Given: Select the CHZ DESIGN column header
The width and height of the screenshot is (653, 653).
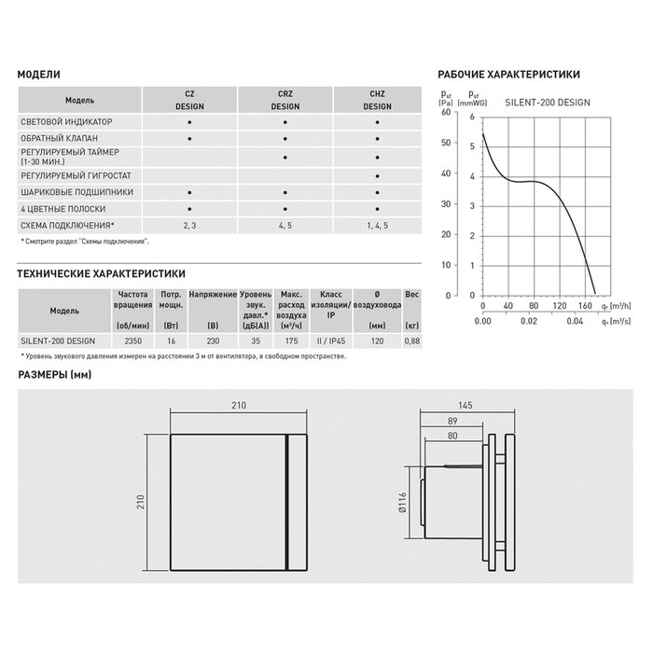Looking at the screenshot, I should [x=376, y=100].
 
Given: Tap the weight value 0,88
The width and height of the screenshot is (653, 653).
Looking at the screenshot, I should [x=410, y=341].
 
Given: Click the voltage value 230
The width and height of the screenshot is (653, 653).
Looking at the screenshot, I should [x=214, y=341].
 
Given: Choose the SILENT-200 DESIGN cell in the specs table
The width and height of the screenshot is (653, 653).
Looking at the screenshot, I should [x=58, y=341].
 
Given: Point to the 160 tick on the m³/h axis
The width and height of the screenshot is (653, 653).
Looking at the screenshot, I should [x=587, y=305].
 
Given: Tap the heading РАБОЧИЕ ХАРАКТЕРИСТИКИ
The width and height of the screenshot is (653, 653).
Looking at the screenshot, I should [x=508, y=74].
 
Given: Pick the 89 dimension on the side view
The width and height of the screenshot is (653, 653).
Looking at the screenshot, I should [x=452, y=421].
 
